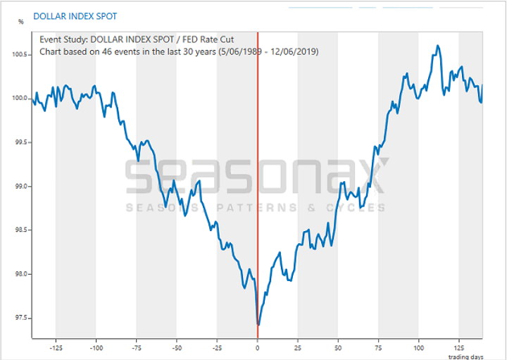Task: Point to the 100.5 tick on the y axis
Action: tap(20, 54)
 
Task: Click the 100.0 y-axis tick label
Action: tap(20, 99)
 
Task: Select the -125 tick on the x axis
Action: tap(56, 348)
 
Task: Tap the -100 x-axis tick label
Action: tap(96, 348)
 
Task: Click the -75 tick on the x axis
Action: tap(137, 348)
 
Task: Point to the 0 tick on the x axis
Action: tap(258, 348)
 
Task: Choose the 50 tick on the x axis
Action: tap(338, 348)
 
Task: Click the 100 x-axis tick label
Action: tap(419, 348)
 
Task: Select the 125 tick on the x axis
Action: tap(459, 348)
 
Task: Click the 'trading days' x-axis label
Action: tap(466, 356)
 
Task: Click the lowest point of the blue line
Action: tap(258, 325)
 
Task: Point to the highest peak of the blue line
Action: tap(438, 46)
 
